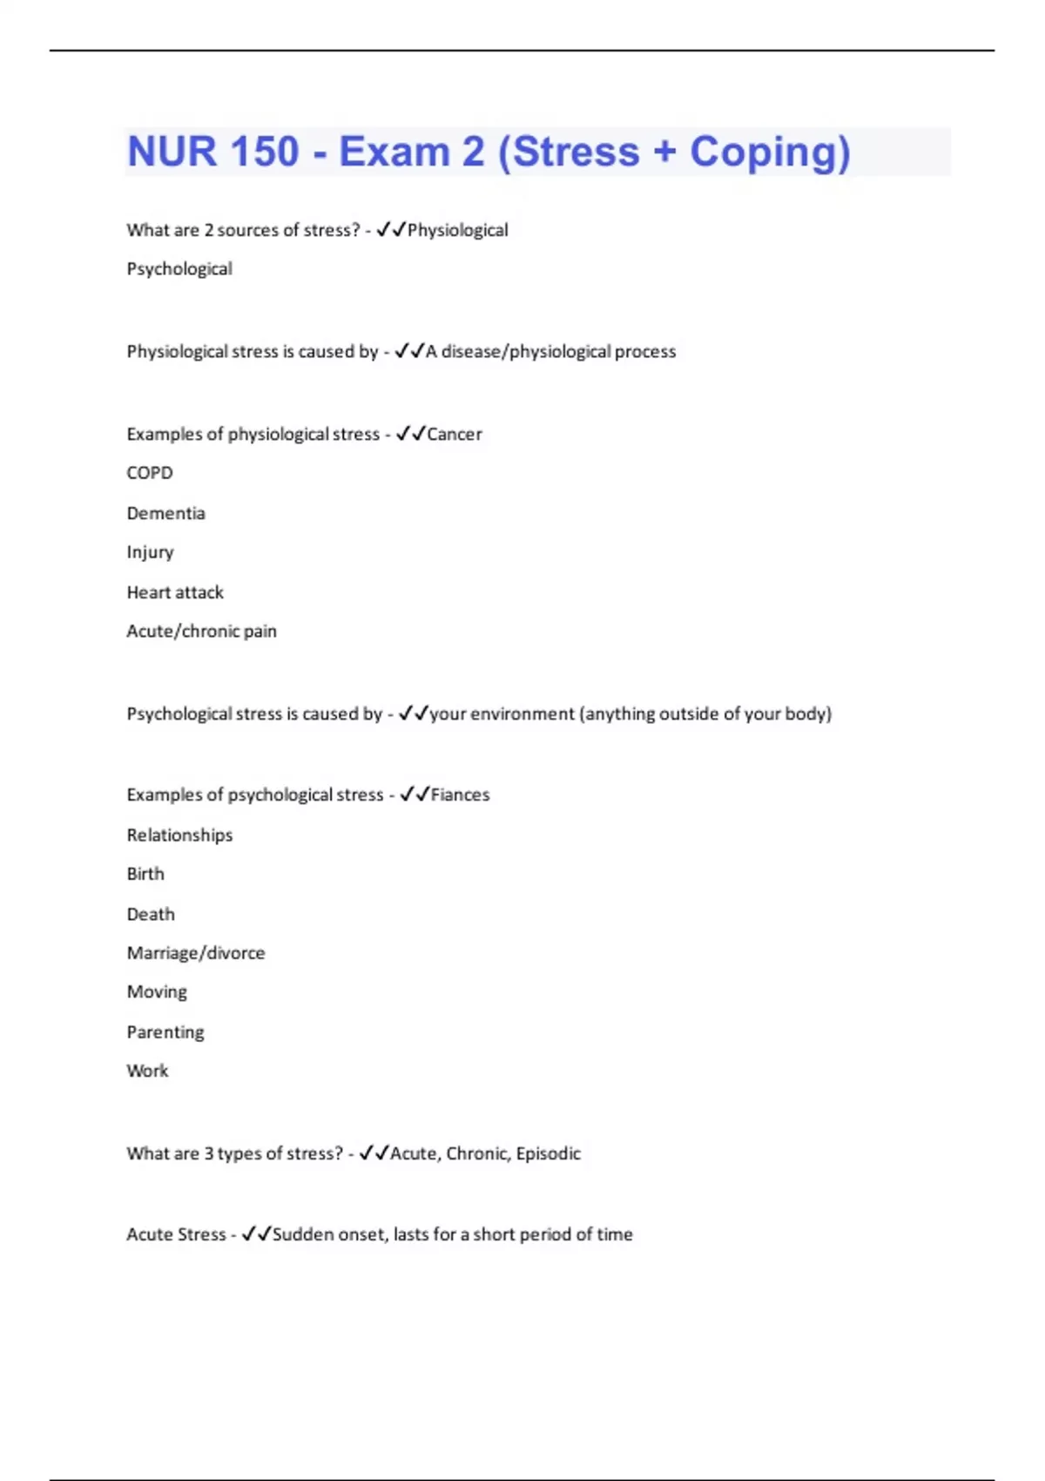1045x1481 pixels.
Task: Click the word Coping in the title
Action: [769, 152]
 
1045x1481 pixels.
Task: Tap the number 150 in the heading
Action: [262, 152]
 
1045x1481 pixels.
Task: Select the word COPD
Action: [150, 473]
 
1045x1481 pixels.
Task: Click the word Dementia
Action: [165, 513]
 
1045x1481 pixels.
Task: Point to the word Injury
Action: [150, 552]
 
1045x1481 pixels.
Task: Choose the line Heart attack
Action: [175, 592]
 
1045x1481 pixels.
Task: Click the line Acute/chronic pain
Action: [201, 632]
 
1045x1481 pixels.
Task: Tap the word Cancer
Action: [454, 434]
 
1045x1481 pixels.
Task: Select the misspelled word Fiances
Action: [460, 795]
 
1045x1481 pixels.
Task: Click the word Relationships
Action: [179, 835]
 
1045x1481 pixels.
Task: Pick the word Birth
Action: [145, 874]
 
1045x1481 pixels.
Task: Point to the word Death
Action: [151, 914]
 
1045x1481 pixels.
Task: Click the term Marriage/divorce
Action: [196, 953]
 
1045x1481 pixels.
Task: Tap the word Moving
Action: [157, 992]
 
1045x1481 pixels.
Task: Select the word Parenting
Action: [165, 1032]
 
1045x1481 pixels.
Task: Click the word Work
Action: [147, 1071]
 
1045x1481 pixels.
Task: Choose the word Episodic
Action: [548, 1153]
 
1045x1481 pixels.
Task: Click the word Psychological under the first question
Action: [179, 269]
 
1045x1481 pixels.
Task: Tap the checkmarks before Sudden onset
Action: [256, 1234]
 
